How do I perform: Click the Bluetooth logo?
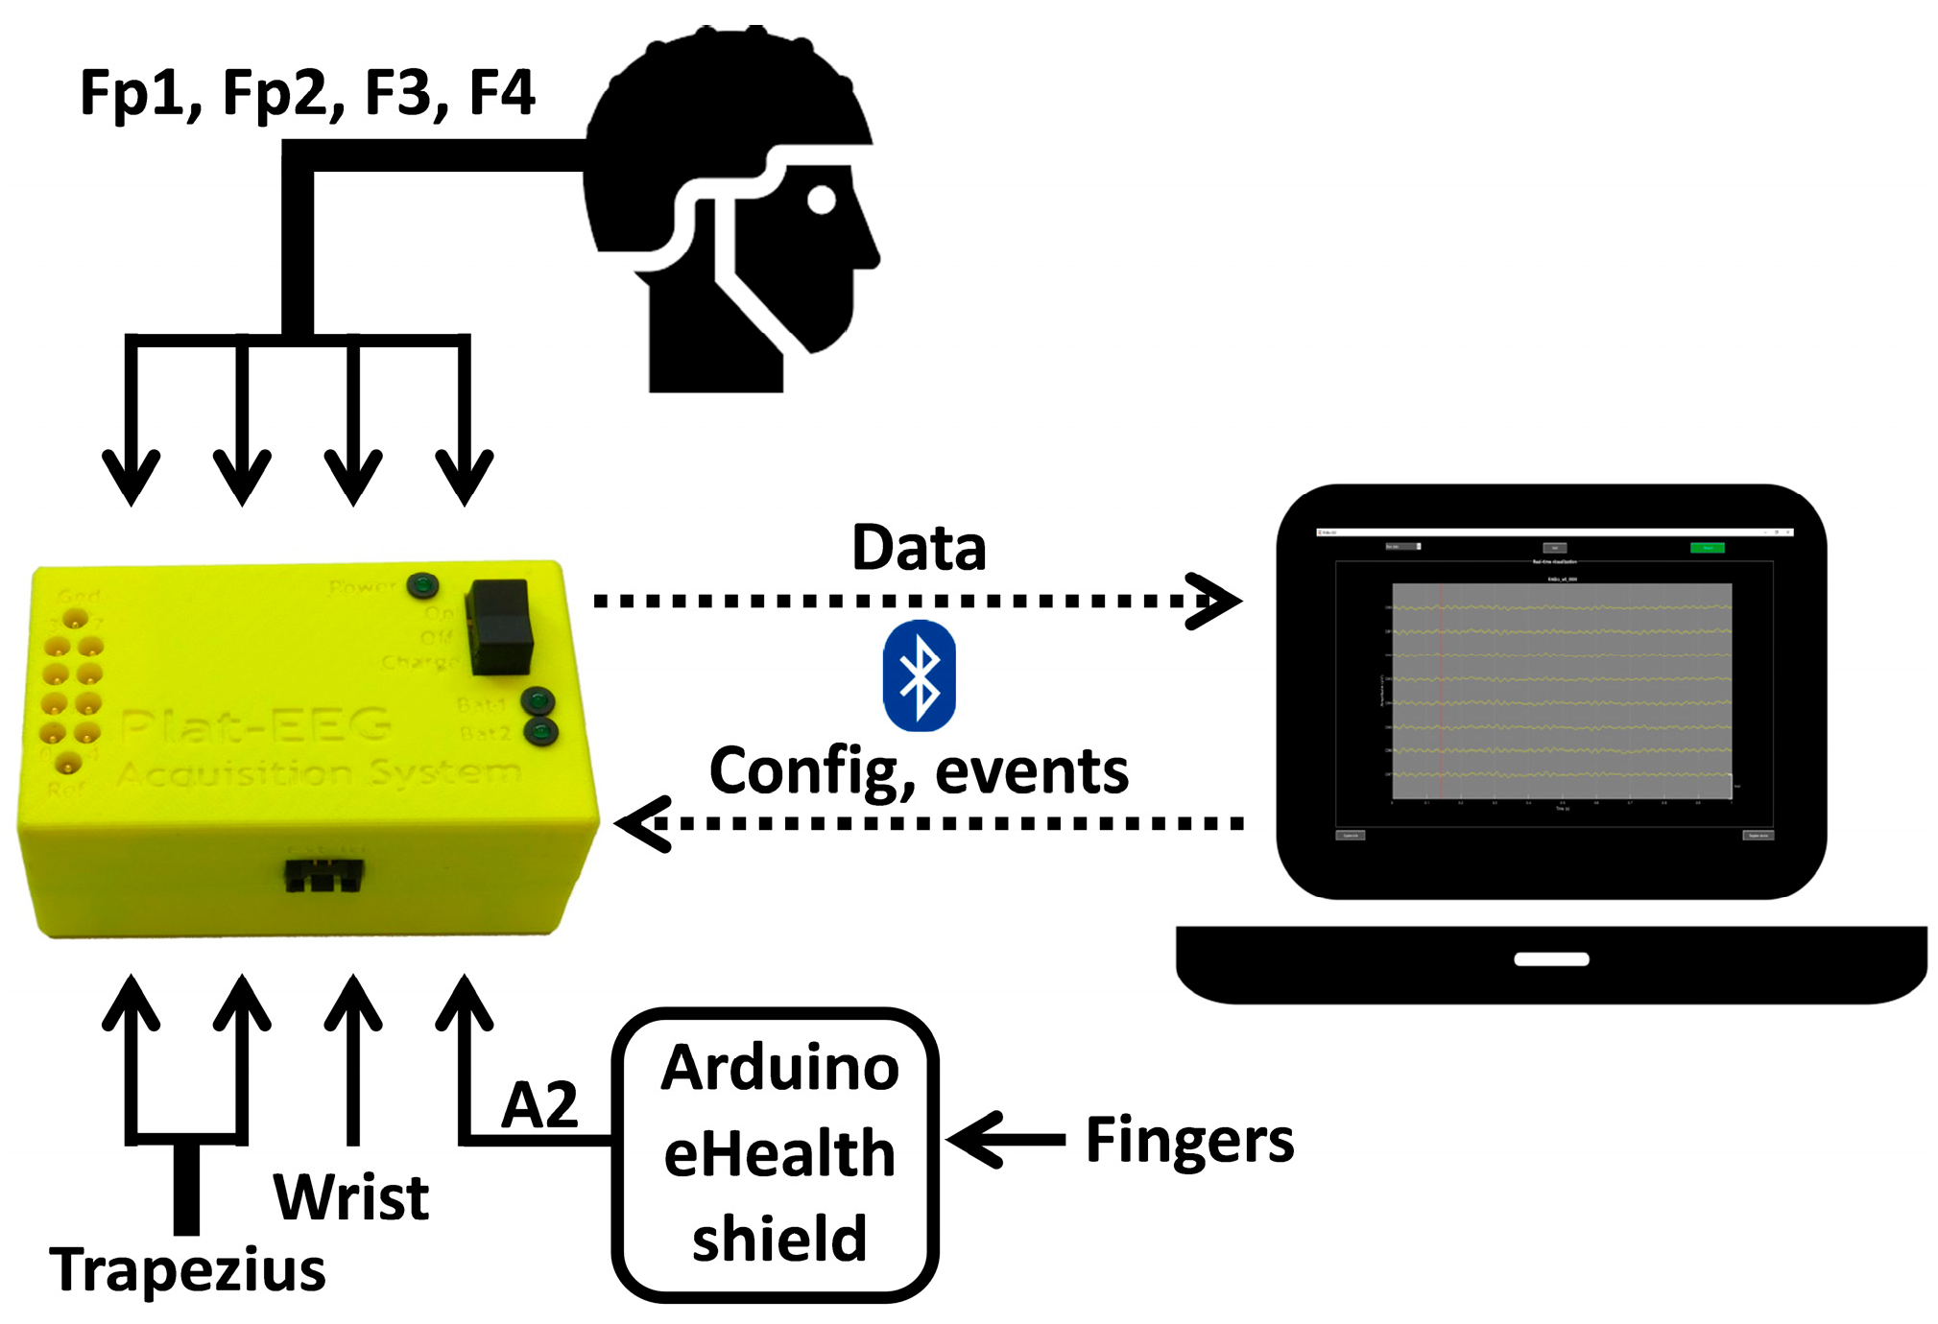point(919,675)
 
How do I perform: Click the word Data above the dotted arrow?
point(919,548)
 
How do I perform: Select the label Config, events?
point(919,771)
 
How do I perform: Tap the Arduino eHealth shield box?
point(776,1153)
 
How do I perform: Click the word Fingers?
point(1189,1140)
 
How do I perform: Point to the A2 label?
point(539,1104)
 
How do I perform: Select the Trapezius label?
point(187,1268)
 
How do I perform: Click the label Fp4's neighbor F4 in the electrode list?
point(501,93)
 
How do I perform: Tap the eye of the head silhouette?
point(822,201)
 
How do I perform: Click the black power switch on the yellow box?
point(500,626)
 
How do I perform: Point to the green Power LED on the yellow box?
point(422,584)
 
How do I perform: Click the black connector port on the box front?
point(324,875)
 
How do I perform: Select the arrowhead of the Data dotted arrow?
point(1217,602)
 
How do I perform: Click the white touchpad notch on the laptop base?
point(1551,958)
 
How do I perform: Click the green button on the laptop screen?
point(1707,548)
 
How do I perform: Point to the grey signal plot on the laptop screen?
point(1562,690)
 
